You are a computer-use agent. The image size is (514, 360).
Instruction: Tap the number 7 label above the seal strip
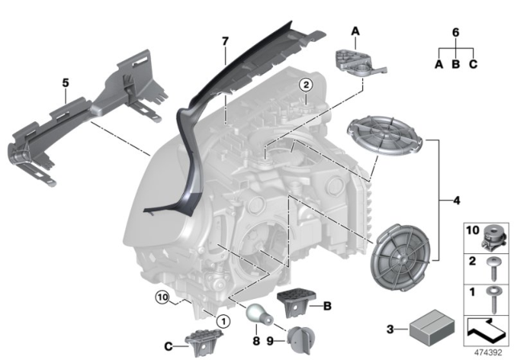point(226,41)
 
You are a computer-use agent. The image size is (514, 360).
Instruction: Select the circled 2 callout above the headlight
point(305,84)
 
